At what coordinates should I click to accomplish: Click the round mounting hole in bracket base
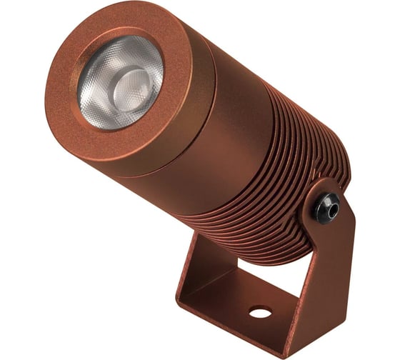click(260, 311)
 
